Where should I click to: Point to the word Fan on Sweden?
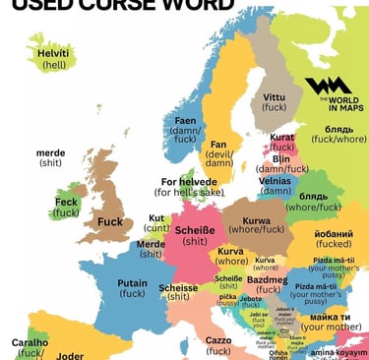click(218, 146)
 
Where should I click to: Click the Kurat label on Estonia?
click(282, 139)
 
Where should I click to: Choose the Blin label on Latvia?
click(281, 158)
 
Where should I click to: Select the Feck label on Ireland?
click(66, 202)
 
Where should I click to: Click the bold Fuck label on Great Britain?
click(110, 222)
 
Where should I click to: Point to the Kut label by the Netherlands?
click(157, 218)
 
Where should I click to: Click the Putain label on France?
click(132, 282)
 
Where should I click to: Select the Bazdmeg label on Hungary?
click(267, 280)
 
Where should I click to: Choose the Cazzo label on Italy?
click(218, 339)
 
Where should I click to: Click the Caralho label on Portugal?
click(30, 343)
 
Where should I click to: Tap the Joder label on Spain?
click(70, 355)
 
